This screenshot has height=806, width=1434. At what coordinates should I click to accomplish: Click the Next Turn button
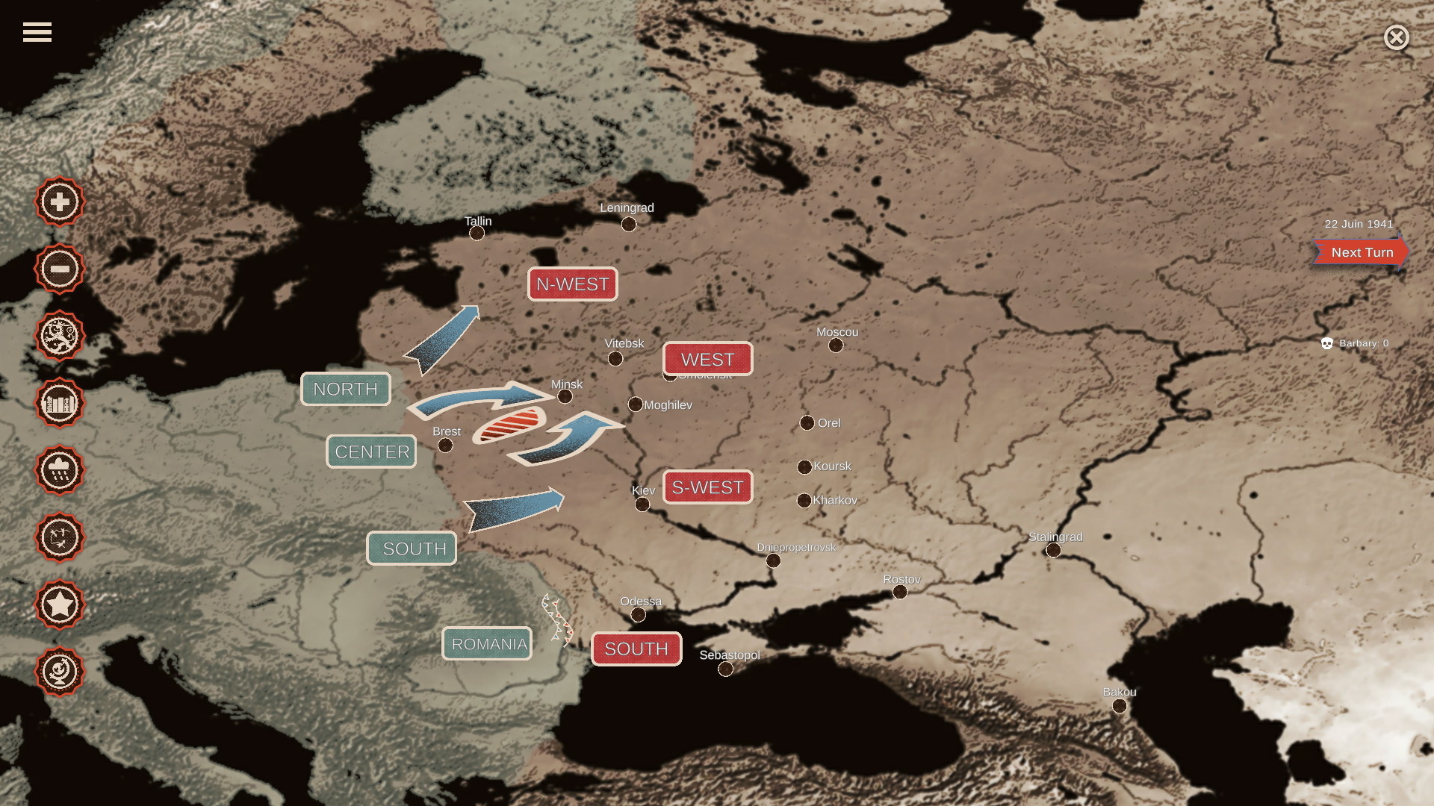[1361, 252]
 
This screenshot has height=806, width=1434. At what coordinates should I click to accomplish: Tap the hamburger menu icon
[37, 32]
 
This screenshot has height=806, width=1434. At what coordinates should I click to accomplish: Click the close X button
[1396, 37]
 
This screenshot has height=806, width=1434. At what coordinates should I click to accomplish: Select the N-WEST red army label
[572, 284]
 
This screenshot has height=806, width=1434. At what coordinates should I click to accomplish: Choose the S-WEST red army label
[707, 487]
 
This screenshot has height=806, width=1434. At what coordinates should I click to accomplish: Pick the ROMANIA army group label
[487, 644]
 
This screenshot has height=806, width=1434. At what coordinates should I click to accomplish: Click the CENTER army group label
[371, 452]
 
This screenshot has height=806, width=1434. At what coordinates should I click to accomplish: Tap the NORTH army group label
[345, 389]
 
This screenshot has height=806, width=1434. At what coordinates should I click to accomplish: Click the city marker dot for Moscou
[836, 345]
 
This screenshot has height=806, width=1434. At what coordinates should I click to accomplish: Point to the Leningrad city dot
[629, 224]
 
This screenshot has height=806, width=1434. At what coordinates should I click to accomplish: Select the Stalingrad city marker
[1053, 550]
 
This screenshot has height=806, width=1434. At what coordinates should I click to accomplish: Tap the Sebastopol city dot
[725, 669]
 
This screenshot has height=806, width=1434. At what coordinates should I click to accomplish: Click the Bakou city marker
[1119, 705]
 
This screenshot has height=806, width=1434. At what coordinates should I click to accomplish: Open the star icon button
[60, 604]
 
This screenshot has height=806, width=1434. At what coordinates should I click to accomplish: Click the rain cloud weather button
[60, 470]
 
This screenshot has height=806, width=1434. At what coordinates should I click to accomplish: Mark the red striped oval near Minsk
[509, 426]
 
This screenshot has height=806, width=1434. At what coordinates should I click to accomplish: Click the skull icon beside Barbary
[1327, 343]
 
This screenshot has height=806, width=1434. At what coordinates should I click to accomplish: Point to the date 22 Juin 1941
[1359, 224]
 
